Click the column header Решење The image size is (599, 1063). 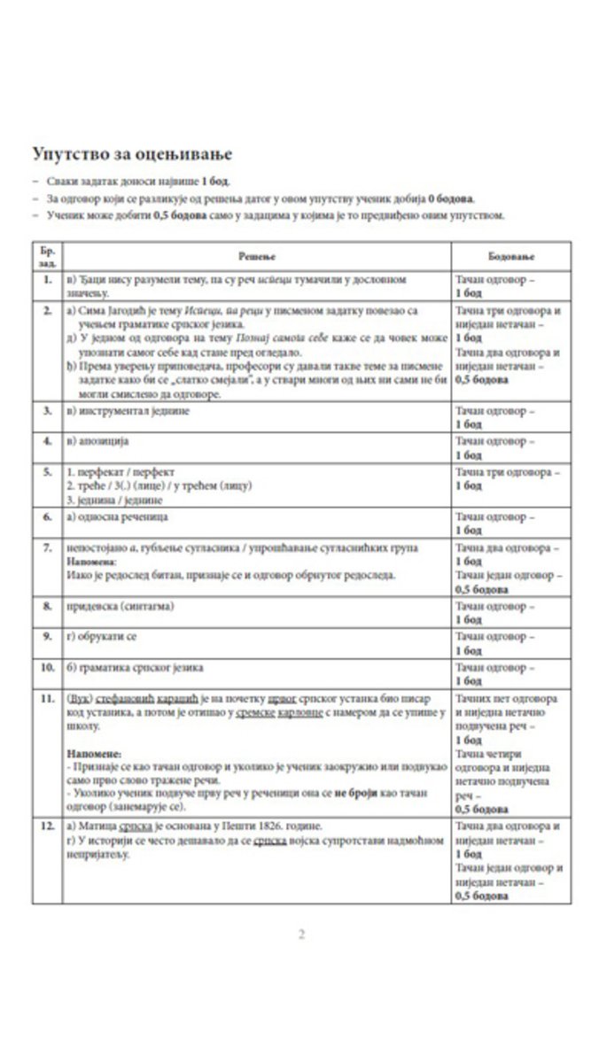(x=257, y=255)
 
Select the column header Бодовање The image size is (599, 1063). (x=507, y=255)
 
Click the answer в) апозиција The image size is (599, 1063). (x=98, y=439)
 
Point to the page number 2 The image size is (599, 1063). (x=301, y=934)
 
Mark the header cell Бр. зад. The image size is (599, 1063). (x=45, y=255)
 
